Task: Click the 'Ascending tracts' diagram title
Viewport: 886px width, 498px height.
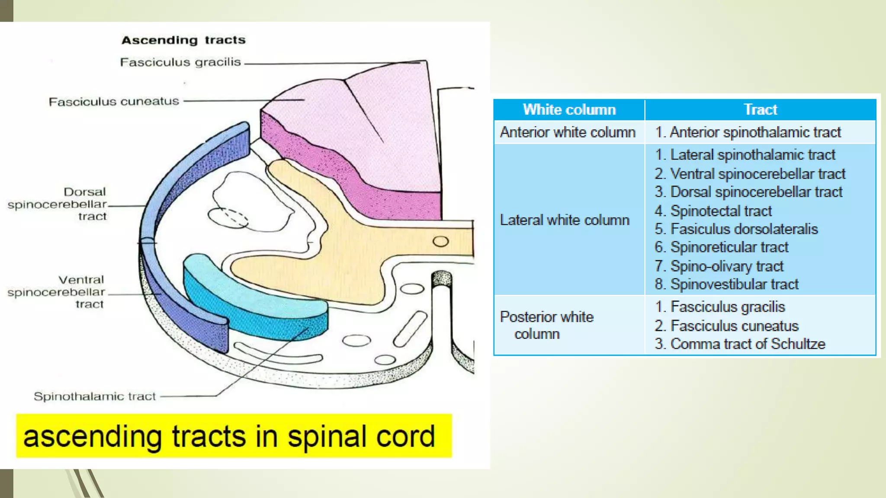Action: [183, 40]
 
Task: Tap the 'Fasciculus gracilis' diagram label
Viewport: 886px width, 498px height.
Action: [180, 62]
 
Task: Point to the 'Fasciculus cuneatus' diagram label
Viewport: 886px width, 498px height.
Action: [114, 102]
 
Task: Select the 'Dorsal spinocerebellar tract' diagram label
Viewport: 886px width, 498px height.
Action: [58, 204]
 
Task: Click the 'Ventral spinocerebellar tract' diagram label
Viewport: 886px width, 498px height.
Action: [57, 292]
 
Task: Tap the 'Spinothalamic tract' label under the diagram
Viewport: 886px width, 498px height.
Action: [95, 396]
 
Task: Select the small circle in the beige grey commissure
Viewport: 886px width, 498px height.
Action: [440, 241]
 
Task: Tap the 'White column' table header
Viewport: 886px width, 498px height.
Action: [569, 110]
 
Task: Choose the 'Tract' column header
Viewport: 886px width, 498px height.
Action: [760, 110]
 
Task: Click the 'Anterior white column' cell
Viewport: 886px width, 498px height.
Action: [568, 132]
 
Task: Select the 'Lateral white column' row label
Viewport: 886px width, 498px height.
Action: [565, 220]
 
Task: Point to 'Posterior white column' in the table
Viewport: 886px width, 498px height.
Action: [546, 325]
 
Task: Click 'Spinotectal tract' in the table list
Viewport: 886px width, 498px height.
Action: [721, 211]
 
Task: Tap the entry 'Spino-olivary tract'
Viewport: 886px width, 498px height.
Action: [726, 266]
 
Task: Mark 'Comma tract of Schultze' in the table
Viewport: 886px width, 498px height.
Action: [748, 344]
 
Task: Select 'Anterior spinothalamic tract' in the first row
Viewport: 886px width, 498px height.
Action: [755, 132]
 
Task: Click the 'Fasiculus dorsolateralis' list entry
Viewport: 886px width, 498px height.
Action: [744, 229]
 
